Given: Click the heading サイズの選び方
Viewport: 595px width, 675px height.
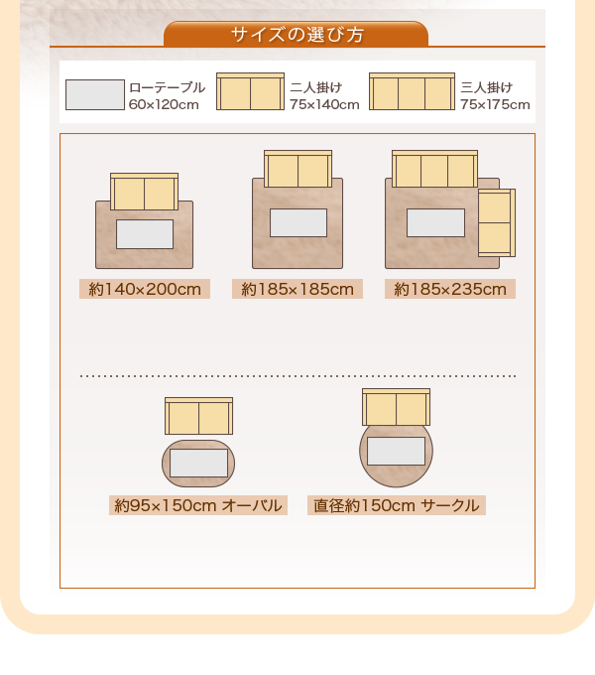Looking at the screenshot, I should [x=297, y=35].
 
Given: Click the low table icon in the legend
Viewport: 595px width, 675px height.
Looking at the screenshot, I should [x=95, y=94].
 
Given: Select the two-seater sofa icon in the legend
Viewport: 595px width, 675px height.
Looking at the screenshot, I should [x=250, y=91].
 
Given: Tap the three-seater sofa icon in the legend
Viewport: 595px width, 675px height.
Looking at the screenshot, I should [x=412, y=91].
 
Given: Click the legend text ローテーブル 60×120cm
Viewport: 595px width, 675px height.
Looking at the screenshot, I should [x=167, y=95].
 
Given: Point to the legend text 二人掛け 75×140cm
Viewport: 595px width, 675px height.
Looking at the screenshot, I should [x=324, y=95].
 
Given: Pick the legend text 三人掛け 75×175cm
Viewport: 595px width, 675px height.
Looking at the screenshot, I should [x=495, y=95].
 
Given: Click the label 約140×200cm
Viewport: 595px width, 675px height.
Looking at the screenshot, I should [x=144, y=290].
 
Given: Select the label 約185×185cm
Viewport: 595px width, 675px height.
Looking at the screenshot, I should [x=297, y=290].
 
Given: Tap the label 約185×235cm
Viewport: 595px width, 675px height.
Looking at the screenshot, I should [x=449, y=290].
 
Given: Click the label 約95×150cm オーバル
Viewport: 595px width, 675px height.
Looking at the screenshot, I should [x=198, y=505].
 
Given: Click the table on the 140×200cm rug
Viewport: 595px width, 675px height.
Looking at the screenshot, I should [x=145, y=234].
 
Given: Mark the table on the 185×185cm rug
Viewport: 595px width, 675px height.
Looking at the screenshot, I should [x=297, y=222].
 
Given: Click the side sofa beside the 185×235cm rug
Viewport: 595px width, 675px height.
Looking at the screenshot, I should [x=496, y=222].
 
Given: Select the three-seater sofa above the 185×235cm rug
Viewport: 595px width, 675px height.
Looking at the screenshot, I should [x=434, y=169].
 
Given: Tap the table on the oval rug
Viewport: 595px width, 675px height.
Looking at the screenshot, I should [x=198, y=463].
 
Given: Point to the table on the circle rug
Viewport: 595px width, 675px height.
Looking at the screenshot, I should [x=396, y=452].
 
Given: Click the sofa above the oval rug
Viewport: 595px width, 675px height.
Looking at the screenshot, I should [x=198, y=416].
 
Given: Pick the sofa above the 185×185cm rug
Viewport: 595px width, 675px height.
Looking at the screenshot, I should [x=297, y=169].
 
